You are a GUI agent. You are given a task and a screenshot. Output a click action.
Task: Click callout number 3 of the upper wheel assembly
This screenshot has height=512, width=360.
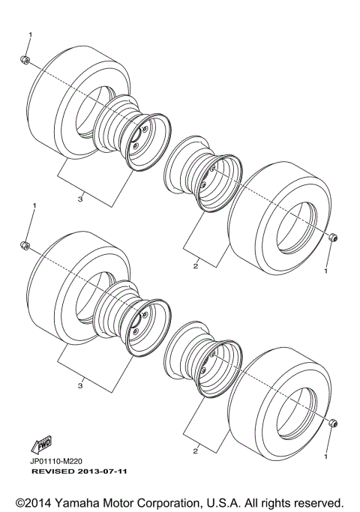80,198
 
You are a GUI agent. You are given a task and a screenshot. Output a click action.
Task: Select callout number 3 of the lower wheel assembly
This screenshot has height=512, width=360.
80,385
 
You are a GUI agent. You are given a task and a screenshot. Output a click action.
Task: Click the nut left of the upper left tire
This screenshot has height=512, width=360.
25,60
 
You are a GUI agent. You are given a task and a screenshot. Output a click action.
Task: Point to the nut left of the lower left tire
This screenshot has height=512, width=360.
25,245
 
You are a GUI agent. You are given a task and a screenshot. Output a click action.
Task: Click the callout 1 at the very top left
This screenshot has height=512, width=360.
31,35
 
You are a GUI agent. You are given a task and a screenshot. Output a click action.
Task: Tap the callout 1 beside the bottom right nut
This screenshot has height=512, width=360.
326,455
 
